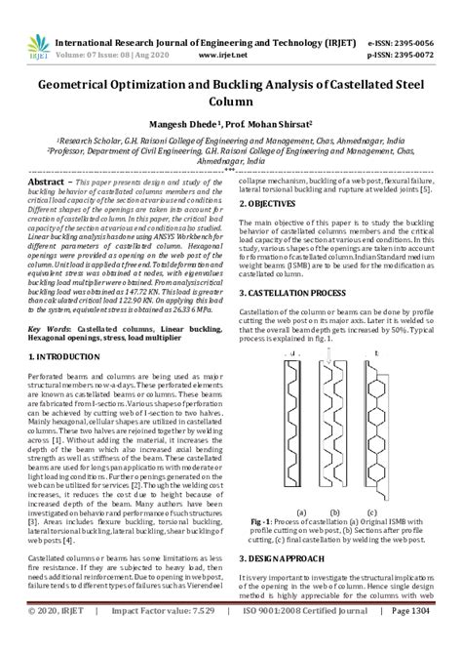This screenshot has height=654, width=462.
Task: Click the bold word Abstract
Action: pyautogui.click(x=51, y=183)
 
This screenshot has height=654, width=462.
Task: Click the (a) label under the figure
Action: pyautogui.click(x=301, y=511)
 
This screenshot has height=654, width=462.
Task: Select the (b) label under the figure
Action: pyautogui.click(x=336, y=511)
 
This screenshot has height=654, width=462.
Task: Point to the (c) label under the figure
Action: pyautogui.click(x=371, y=511)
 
